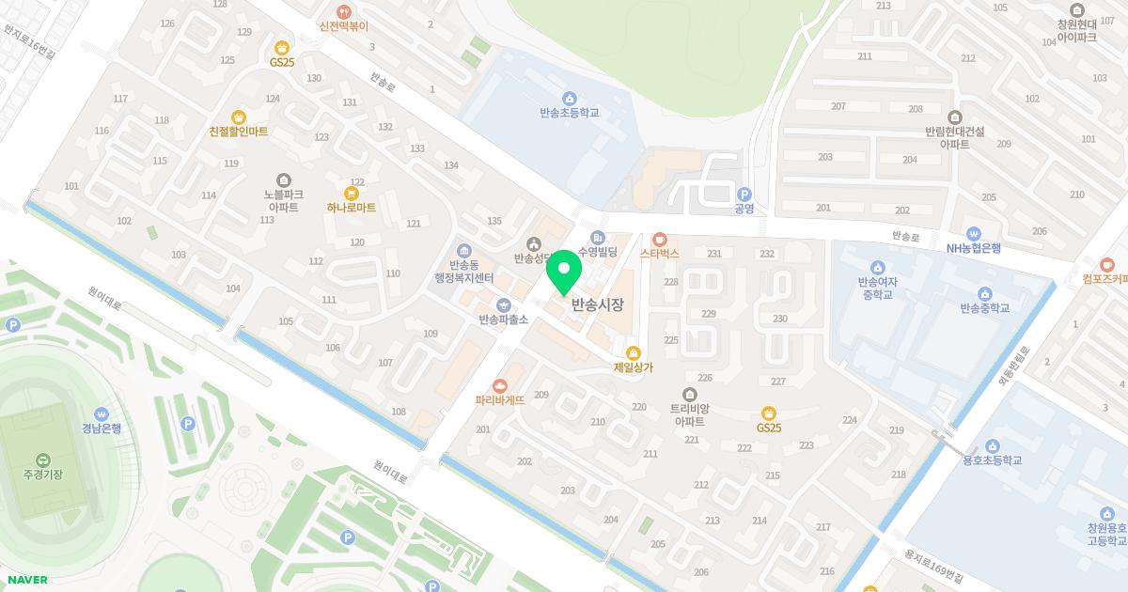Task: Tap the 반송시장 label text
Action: pos(597,304)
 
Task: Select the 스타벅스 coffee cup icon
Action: pos(660,239)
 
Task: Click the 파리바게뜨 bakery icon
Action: pos(500,385)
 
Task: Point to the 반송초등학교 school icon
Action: pos(569,98)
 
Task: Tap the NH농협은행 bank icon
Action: pos(973,233)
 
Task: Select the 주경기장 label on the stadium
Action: pos(42,474)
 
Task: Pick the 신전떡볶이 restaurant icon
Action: pos(344,12)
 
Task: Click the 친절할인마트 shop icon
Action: pos(239,117)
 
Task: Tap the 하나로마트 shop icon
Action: pos(352,193)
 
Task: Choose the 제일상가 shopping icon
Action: pos(633,352)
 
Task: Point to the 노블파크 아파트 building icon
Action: pos(283,179)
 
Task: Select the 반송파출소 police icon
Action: pos(504,304)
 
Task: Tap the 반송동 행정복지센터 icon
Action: pos(464,250)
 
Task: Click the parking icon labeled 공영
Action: pos(744,193)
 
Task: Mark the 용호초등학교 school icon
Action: pos(992,445)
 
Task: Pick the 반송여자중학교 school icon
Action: pos(877,267)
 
